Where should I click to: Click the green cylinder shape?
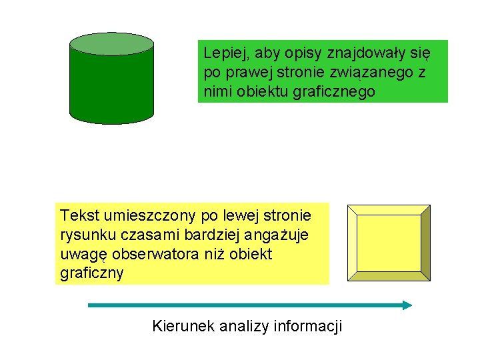pyautogui.click(x=112, y=83)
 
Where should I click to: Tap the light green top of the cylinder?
pyautogui.click(x=112, y=43)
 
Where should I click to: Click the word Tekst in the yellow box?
pyautogui.click(x=78, y=215)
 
